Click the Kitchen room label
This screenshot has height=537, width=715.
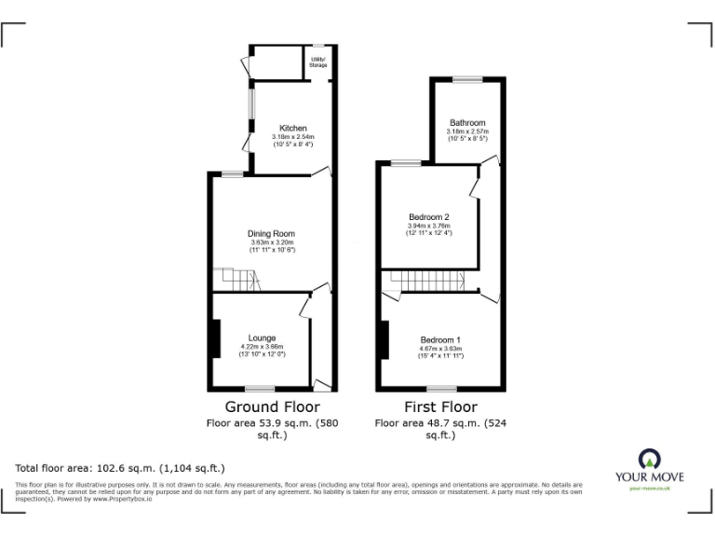pyautogui.click(x=293, y=128)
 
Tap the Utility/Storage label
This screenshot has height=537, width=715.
pyautogui.click(x=317, y=62)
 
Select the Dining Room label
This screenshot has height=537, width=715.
pyautogui.click(x=271, y=233)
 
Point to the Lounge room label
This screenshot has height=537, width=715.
pyautogui.click(x=261, y=337)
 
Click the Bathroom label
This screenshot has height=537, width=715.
pyautogui.click(x=467, y=123)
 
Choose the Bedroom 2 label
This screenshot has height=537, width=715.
pyautogui.click(x=428, y=216)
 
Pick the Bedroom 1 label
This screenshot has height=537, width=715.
pyautogui.click(x=440, y=339)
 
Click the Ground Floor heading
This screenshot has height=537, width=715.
pyautogui.click(x=272, y=406)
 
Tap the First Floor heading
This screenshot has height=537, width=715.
pyautogui.click(x=440, y=406)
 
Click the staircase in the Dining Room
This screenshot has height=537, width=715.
pyautogui.click(x=237, y=280)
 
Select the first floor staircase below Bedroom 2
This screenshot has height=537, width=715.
pyautogui.click(x=425, y=281)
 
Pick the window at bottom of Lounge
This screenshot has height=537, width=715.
pyautogui.click(x=260, y=388)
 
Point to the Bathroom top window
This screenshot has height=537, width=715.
pyautogui.click(x=467, y=80)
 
